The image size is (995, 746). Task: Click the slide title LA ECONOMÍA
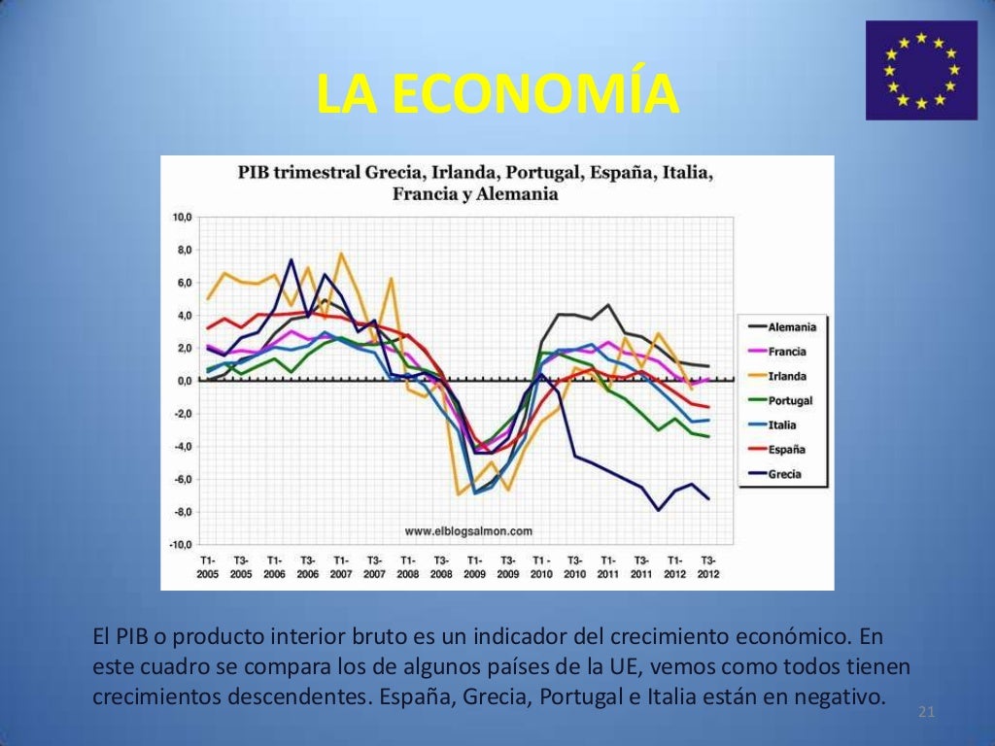(497, 94)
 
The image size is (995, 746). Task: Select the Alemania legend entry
(791, 327)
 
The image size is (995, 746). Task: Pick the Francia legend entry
(786, 352)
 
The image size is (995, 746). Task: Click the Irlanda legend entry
(787, 376)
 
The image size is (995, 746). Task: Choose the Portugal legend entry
(789, 400)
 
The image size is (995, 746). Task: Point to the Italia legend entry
(782, 425)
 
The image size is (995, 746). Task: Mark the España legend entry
(786, 450)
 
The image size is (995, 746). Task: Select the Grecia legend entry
(784, 475)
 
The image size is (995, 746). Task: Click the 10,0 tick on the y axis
(182, 217)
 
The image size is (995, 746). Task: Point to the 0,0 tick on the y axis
(184, 381)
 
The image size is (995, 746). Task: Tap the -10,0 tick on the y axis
(181, 545)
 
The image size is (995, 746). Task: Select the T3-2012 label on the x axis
(708, 567)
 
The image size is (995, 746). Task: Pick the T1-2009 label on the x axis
(475, 567)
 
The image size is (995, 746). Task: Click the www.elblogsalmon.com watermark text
(468, 531)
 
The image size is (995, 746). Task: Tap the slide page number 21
(926, 714)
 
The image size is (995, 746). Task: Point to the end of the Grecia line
(708, 499)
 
